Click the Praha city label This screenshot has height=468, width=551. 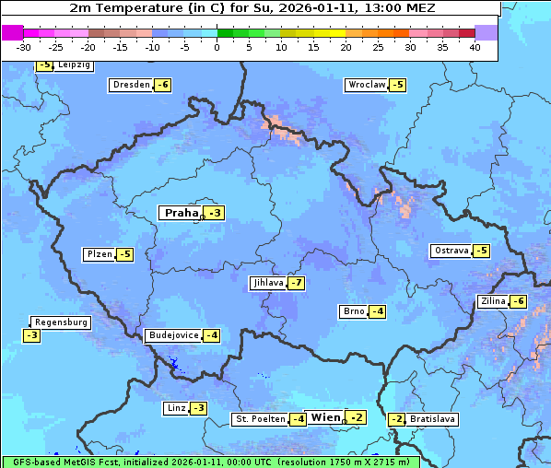181,213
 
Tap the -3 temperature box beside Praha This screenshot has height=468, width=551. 215,213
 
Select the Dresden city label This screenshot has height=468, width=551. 131,85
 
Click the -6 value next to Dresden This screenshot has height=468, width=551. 163,85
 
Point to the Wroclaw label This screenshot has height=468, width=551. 366,85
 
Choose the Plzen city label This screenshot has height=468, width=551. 98,254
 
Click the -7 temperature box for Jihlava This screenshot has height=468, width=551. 296,283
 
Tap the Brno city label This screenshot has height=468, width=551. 353,311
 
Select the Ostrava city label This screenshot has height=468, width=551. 451,251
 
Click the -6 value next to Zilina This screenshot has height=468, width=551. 519,301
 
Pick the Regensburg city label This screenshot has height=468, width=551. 61,322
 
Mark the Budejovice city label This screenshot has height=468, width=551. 173,335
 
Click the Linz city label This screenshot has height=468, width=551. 175,408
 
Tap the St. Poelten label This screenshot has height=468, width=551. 259,419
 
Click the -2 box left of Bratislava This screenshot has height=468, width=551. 396,419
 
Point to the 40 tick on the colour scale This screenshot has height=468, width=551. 475,46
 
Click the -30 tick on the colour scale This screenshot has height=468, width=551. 24,46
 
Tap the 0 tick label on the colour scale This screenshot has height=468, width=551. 217,46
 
